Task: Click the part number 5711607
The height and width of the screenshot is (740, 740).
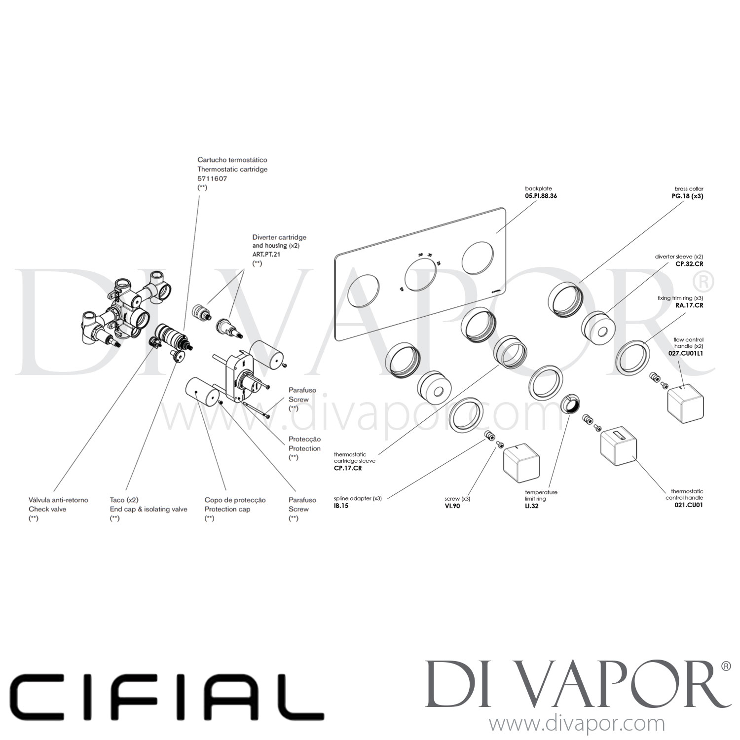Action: (212, 179)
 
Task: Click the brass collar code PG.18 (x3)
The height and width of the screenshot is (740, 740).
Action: (683, 196)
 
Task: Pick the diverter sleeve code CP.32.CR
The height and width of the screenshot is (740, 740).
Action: (689, 264)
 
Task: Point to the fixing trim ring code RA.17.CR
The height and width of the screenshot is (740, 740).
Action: (689, 305)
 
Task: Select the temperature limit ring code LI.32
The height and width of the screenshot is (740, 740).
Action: (532, 506)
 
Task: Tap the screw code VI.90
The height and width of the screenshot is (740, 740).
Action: (452, 506)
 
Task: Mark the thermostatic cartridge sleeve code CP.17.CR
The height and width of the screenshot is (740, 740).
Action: (348, 468)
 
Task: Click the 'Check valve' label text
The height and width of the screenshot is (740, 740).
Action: (47, 509)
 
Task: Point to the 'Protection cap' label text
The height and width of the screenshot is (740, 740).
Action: (227, 509)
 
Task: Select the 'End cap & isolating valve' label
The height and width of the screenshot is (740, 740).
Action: (148, 509)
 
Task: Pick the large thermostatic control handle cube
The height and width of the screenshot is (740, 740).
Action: (618, 444)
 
